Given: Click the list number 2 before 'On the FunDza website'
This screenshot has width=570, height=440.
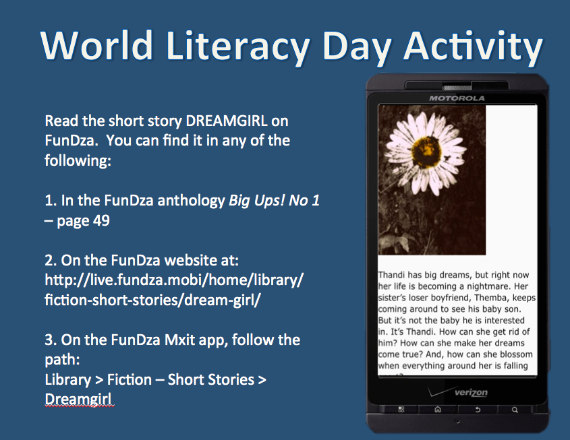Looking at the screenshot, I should click(49, 259).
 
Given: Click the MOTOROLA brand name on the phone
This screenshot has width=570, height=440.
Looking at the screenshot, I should click(457, 98).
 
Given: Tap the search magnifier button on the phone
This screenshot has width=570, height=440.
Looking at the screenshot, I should click(514, 409).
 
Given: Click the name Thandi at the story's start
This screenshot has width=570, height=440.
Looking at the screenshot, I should click(392, 276).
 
